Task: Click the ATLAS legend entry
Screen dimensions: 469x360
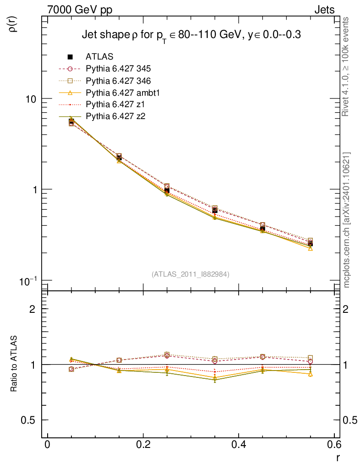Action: pyautogui.click(x=99, y=57)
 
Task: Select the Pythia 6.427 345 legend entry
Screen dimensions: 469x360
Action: pyautogui.click(x=118, y=69)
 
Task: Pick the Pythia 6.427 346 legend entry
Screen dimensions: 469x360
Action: pyautogui.click(x=118, y=81)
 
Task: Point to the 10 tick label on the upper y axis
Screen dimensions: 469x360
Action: pyautogui.click(x=33, y=99)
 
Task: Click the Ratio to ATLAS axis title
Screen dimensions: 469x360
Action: pyautogui.click(x=14, y=365)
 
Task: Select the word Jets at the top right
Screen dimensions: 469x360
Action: pyautogui.click(x=324, y=10)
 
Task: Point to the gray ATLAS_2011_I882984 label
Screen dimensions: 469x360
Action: pyautogui.click(x=191, y=274)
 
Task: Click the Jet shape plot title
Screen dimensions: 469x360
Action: pyautogui.click(x=191, y=35)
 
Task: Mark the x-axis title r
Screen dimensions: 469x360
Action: pyautogui.click(x=338, y=457)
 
